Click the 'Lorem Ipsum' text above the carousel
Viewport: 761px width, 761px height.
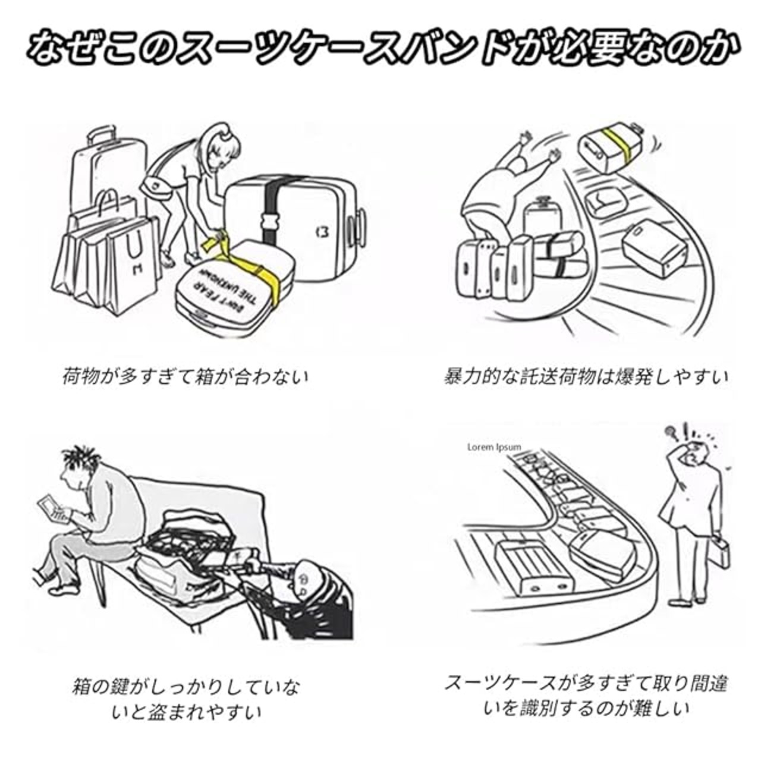pos(494,447)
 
